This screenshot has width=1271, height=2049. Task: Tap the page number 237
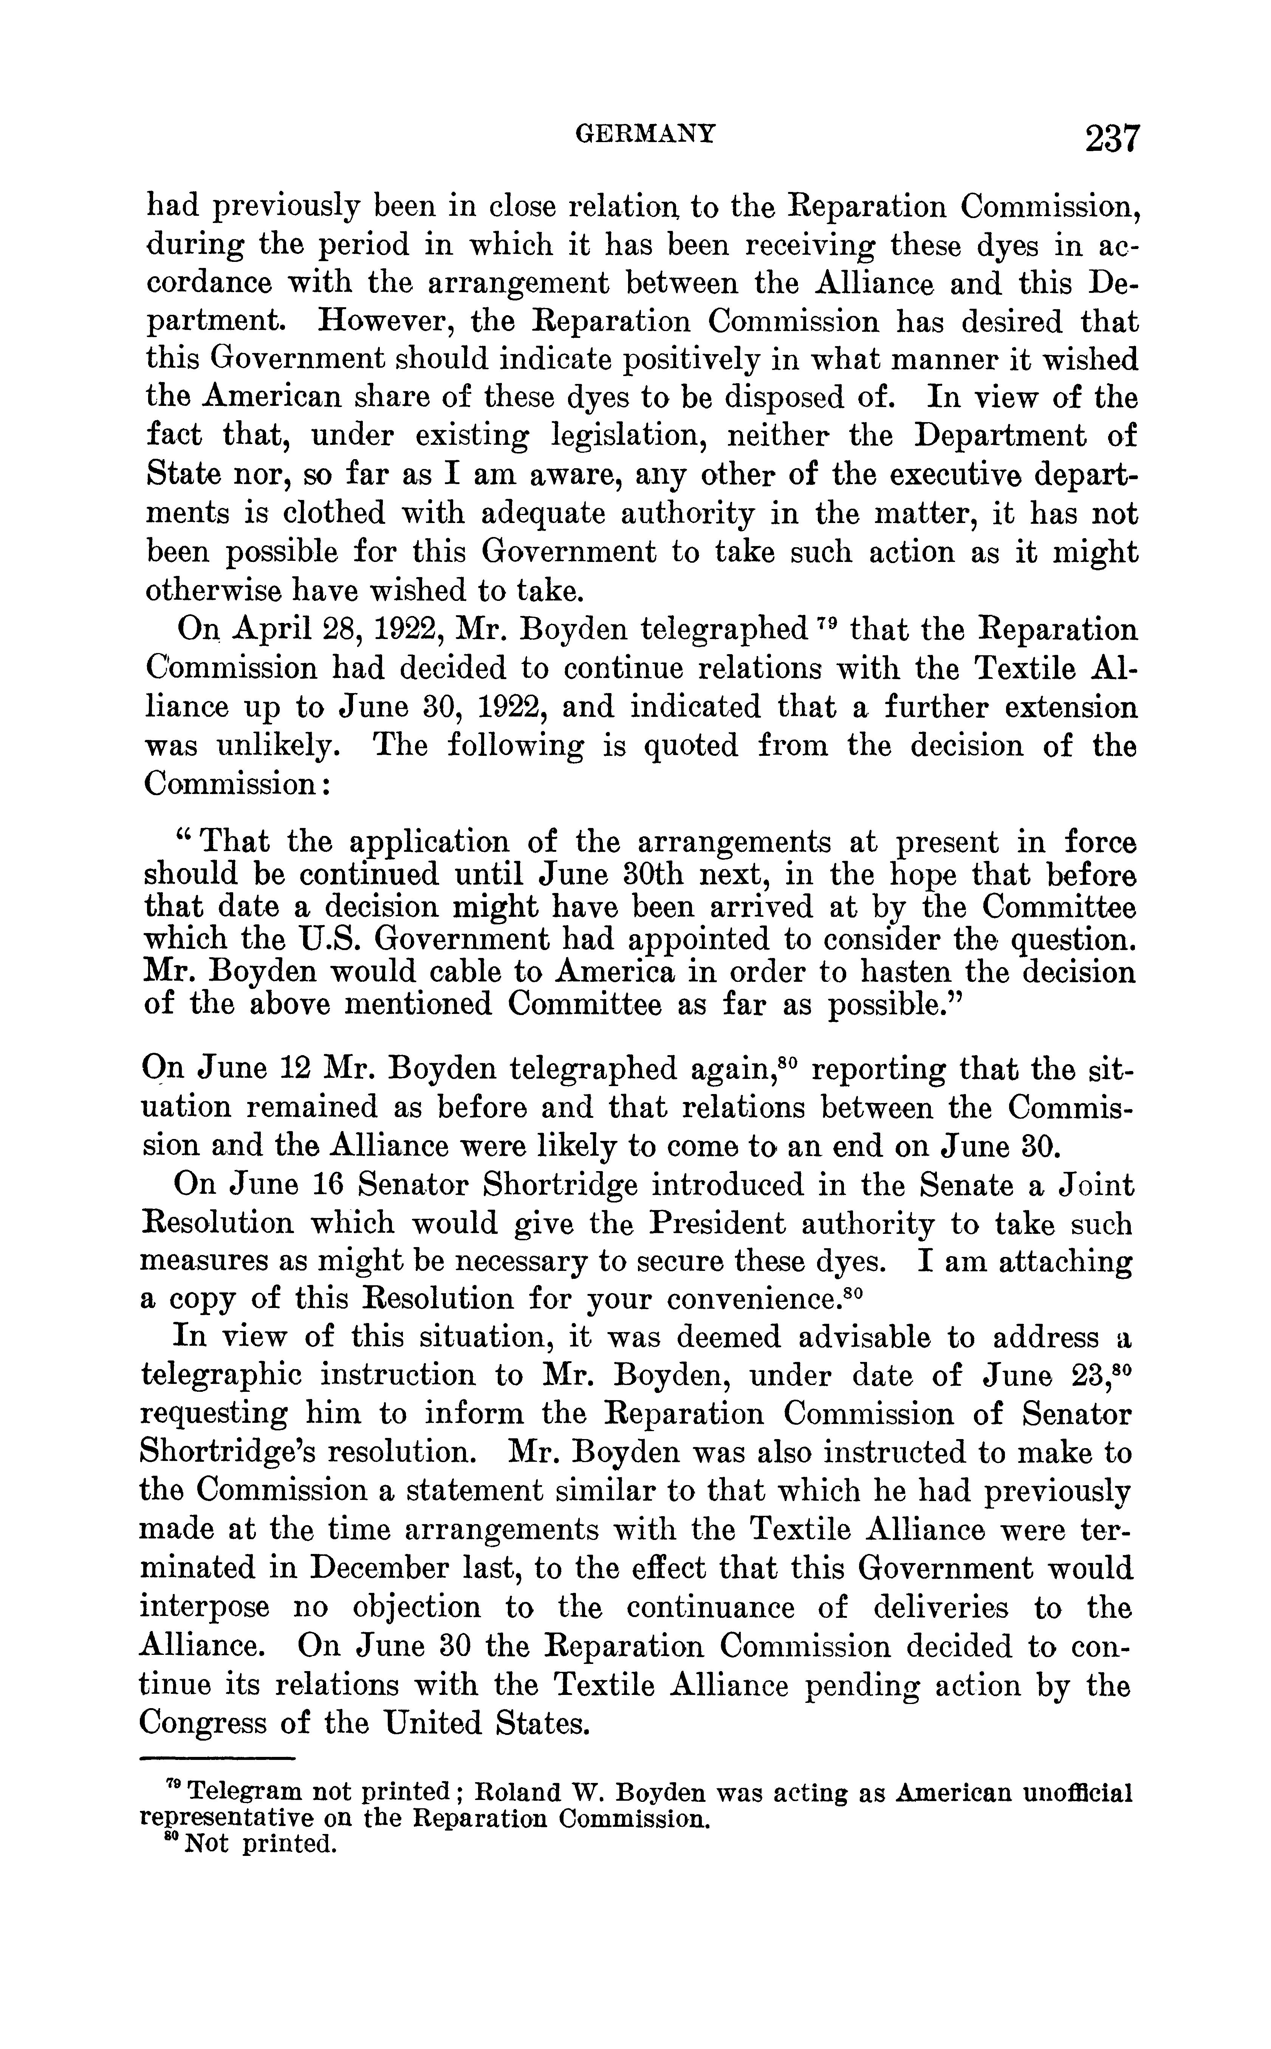[x=1111, y=138]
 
